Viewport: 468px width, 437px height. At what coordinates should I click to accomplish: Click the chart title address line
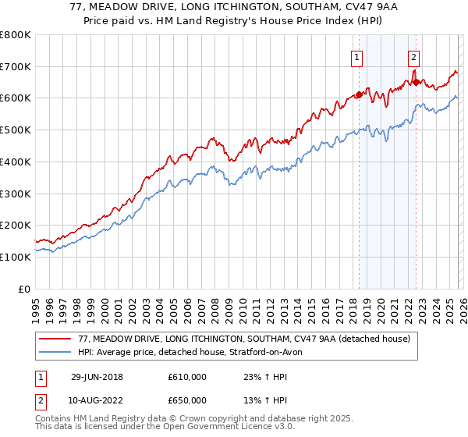[x=234, y=8]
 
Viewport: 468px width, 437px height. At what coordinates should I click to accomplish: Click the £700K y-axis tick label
[x=16, y=67]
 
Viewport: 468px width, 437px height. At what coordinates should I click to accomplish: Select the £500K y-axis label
[x=16, y=130]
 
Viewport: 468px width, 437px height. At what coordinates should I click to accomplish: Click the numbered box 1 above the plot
[x=356, y=56]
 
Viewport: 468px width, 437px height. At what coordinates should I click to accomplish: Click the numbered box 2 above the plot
[x=413, y=56]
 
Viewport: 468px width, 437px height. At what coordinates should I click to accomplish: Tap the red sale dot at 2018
[x=360, y=95]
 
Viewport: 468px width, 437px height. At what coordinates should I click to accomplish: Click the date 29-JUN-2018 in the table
[x=97, y=377]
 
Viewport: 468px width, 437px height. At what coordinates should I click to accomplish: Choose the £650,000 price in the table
[x=187, y=400]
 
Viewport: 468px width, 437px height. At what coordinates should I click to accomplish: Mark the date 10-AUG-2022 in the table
[x=97, y=400]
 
